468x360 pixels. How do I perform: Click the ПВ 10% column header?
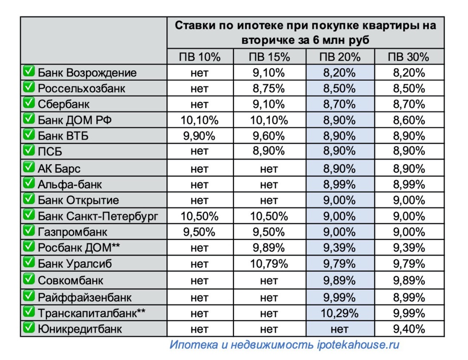coord(200,57)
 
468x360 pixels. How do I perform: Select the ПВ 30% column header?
coord(409,57)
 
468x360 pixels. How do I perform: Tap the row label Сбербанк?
coord(64,104)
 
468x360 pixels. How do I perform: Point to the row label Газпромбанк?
coord(72,232)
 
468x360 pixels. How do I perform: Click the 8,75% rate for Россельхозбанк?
coord(268,89)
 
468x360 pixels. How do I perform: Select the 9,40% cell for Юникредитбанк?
coord(409,329)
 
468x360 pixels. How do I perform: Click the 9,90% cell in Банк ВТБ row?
coord(200,136)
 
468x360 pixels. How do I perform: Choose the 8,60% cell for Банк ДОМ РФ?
coord(409,120)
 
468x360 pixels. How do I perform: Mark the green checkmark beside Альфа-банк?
coord(29,184)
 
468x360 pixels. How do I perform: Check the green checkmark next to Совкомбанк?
coord(29,280)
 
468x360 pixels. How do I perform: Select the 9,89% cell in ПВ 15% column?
coord(268,248)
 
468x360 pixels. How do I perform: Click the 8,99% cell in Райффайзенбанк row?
coord(409,297)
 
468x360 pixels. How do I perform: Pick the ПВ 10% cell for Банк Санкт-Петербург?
coord(200,216)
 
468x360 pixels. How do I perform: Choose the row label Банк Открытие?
coord(78,200)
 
